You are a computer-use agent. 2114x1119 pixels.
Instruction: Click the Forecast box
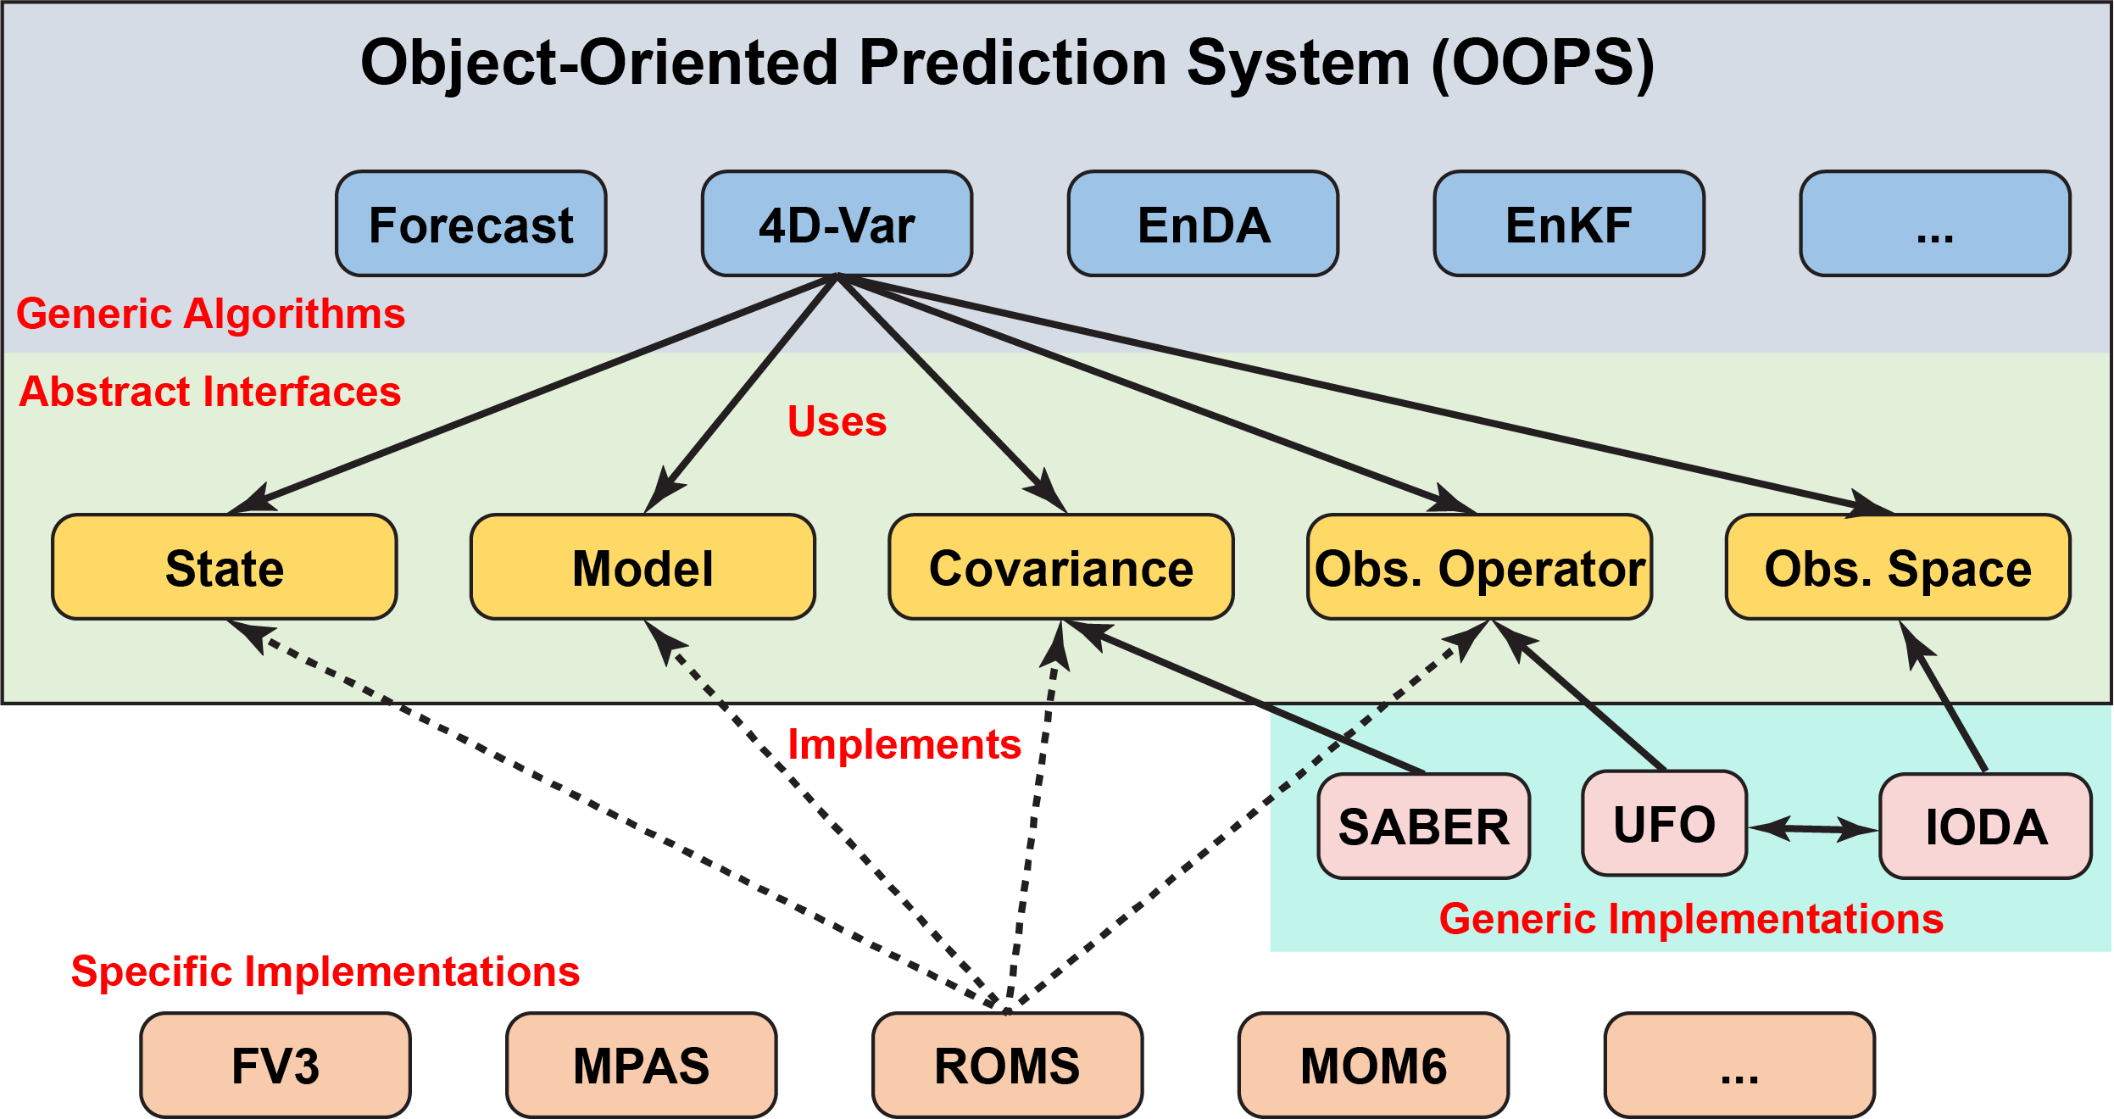click(x=471, y=224)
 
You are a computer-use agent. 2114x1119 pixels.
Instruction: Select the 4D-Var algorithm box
click(x=837, y=224)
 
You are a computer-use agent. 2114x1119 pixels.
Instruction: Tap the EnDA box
click(x=1204, y=224)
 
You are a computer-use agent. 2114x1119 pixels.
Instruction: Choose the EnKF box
click(x=1570, y=224)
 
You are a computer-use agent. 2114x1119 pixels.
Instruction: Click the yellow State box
click(x=225, y=567)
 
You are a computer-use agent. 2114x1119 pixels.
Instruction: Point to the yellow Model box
click(x=643, y=567)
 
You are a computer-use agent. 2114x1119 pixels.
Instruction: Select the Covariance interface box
click(x=1061, y=567)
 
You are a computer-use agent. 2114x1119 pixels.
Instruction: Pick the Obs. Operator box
click(x=1480, y=567)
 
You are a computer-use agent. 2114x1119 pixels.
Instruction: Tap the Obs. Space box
click(x=1899, y=567)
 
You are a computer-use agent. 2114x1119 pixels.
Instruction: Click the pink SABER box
click(x=1424, y=827)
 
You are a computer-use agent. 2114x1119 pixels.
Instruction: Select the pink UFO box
click(x=1665, y=823)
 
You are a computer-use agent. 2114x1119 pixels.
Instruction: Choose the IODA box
click(x=1986, y=827)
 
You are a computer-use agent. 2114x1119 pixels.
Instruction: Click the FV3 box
click(x=275, y=1066)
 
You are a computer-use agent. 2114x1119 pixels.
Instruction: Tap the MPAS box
click(x=642, y=1066)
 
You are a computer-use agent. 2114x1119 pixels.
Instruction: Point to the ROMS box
click(x=1008, y=1066)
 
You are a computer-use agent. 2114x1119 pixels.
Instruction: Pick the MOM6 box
click(x=1374, y=1066)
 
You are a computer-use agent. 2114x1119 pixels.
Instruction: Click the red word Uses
click(x=837, y=420)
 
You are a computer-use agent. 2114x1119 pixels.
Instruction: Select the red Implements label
click(x=904, y=745)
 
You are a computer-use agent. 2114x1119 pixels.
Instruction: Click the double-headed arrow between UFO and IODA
click(x=1814, y=828)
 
